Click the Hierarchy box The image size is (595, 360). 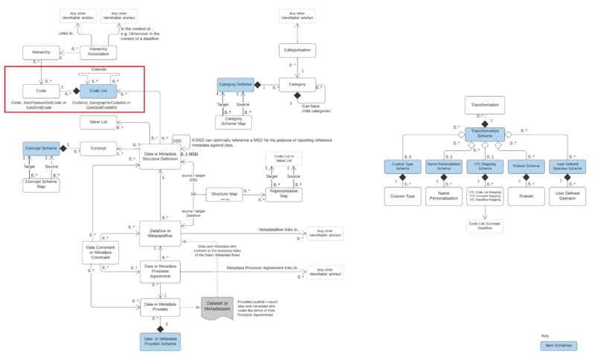[x=40, y=52]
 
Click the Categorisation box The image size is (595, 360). [x=297, y=51]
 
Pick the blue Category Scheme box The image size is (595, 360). [x=236, y=86]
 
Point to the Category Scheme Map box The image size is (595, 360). [x=233, y=121]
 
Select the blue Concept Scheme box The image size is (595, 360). [x=41, y=149]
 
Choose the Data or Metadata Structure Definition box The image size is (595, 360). [x=162, y=154]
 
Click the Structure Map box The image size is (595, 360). [x=224, y=195]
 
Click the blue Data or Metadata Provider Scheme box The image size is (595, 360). [x=161, y=341]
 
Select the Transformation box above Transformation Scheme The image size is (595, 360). [x=484, y=105]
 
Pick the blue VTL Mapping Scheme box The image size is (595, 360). [x=484, y=167]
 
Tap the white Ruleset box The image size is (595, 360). [x=526, y=198]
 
